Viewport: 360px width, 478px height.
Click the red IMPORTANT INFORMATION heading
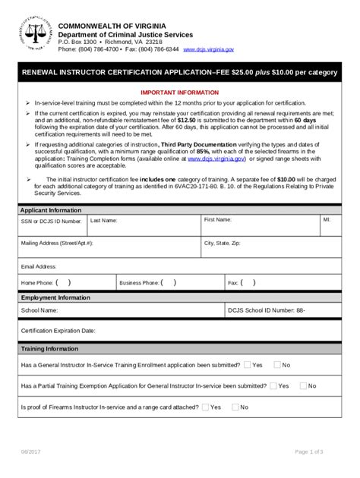click(x=180, y=91)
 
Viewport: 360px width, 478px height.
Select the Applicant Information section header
click(x=51, y=209)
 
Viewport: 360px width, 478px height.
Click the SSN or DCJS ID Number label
click(x=51, y=222)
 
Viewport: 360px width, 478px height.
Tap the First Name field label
click(x=217, y=219)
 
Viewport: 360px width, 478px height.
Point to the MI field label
click(x=327, y=219)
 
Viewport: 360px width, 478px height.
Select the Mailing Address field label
click(x=57, y=243)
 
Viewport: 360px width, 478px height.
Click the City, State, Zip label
click(x=222, y=243)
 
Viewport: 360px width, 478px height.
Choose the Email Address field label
click(x=39, y=266)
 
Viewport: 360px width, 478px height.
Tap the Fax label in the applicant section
click(x=233, y=282)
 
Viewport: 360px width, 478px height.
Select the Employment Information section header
click(x=55, y=298)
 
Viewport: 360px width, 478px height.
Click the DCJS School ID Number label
click(x=267, y=310)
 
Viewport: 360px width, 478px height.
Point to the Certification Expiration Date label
click(x=58, y=331)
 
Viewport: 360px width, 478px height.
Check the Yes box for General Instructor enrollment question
click(x=248, y=365)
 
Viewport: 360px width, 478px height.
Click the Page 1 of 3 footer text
click(x=308, y=451)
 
